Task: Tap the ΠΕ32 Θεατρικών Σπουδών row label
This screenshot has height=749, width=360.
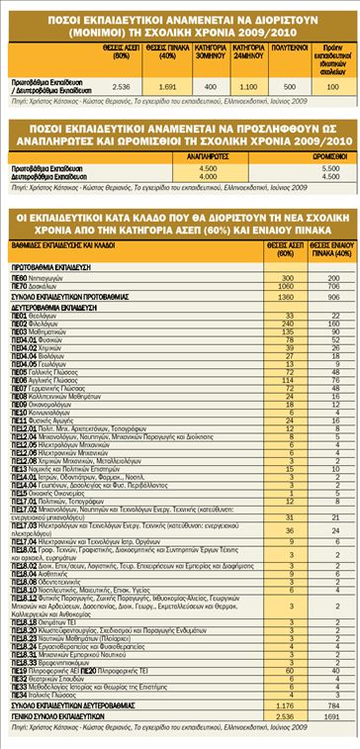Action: coord(45,682)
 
